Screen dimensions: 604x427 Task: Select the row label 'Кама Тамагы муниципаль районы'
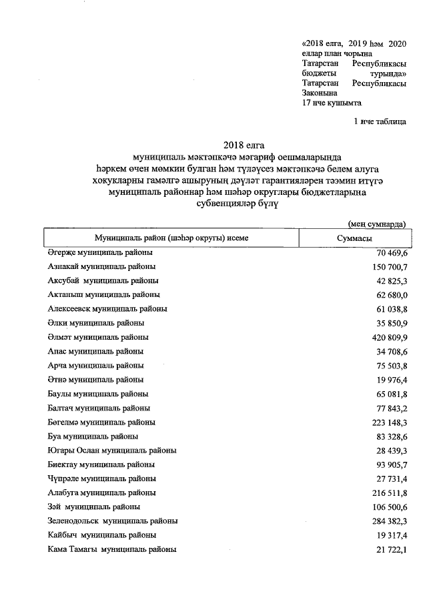[x=112, y=549]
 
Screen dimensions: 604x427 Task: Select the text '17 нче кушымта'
[x=332, y=103]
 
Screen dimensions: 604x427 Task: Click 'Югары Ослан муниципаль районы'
[x=112, y=450]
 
